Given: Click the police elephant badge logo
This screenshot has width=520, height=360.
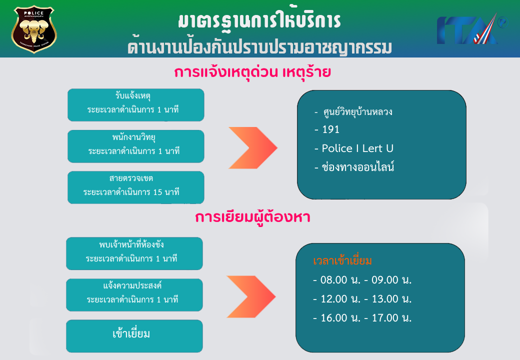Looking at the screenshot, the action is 34,29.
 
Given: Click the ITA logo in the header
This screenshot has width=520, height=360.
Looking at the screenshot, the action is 471,29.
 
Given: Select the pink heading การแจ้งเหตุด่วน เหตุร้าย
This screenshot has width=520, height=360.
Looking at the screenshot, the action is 252,72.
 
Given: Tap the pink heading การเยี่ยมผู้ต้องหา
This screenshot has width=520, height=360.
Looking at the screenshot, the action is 252,218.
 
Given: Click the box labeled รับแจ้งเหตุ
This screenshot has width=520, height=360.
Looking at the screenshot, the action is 135,105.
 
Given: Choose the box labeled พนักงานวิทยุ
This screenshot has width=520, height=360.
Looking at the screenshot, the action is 135,146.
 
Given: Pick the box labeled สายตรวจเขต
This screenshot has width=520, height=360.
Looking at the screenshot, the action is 135,187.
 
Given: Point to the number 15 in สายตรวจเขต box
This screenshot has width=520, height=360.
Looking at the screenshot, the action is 157,192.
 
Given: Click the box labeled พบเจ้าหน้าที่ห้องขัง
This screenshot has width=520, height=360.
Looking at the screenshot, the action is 134,253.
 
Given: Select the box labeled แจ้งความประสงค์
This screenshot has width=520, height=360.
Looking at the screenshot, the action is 134,294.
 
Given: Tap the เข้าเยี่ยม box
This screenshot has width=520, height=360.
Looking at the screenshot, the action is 134,336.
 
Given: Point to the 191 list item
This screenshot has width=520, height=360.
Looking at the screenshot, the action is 327,129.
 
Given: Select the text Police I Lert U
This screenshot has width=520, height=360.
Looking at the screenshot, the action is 357,148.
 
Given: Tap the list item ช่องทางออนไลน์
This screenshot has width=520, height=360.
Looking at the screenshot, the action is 354,167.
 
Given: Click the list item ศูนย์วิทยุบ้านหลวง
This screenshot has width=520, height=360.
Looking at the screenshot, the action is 353,112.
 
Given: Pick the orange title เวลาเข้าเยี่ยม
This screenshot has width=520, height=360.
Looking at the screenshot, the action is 342,261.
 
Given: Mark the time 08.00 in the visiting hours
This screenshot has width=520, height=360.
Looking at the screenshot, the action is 333,280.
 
